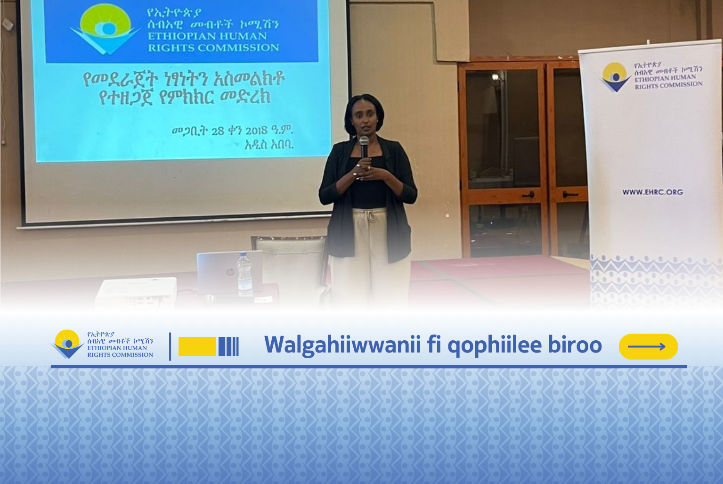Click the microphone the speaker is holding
click(364, 147)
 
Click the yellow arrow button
click(648, 346)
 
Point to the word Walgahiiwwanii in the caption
click(342, 345)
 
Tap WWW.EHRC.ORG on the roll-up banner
click(653, 192)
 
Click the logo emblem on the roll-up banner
click(615, 77)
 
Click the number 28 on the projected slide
click(218, 131)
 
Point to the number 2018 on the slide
click(256, 131)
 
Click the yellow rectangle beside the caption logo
click(197, 346)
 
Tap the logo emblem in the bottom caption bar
click(67, 344)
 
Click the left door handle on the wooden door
click(528, 194)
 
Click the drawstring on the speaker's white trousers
click(372, 216)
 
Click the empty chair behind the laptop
click(291, 263)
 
